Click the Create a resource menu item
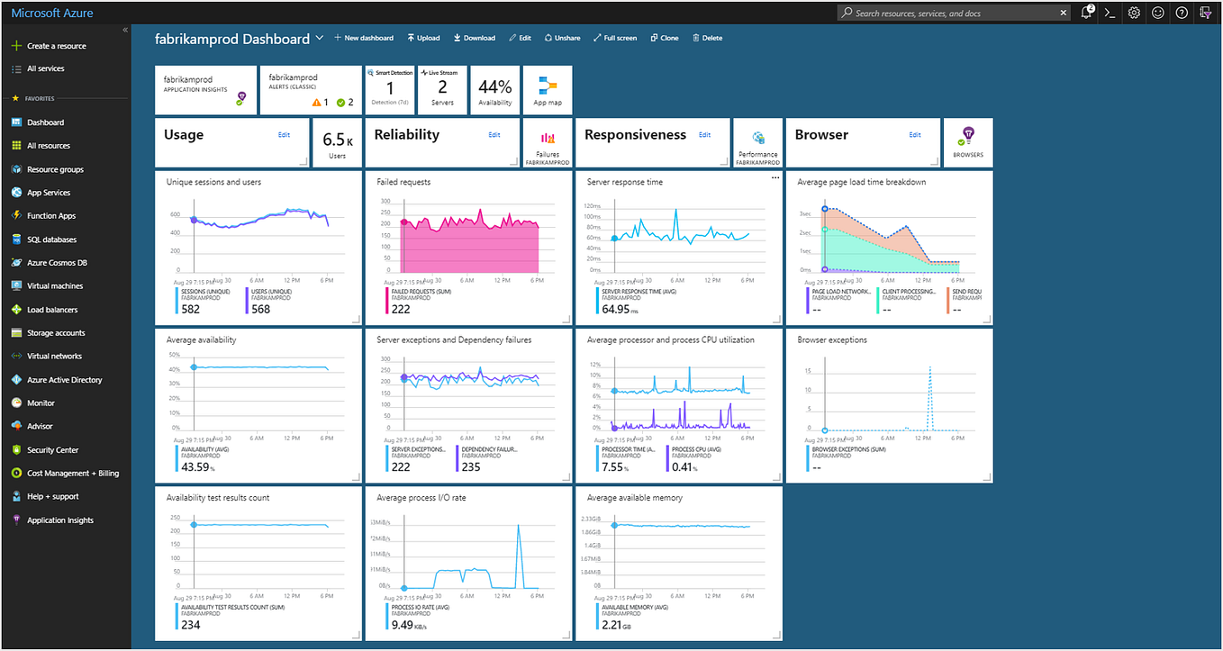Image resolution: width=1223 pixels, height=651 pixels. [x=56, y=46]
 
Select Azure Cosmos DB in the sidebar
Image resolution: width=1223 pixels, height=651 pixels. [x=56, y=263]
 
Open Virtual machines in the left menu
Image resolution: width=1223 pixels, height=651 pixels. [x=54, y=286]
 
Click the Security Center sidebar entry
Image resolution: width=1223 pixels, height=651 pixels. [x=52, y=450]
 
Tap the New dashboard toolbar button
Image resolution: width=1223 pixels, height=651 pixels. [x=364, y=38]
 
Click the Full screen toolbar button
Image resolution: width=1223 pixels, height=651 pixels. [x=615, y=38]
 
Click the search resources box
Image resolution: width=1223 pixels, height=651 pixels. [x=954, y=14]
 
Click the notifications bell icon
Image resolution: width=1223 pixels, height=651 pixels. [x=1087, y=14]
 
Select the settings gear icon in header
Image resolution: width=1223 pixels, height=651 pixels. [x=1134, y=14]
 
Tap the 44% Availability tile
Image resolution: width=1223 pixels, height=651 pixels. [x=494, y=90]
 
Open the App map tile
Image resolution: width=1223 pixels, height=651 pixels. [x=547, y=90]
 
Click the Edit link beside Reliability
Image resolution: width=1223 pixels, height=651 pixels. [x=494, y=135]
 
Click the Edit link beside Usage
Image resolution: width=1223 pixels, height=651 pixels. [x=284, y=135]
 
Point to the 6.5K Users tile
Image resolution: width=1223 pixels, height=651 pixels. [x=337, y=142]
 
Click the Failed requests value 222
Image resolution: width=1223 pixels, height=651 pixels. [x=400, y=308]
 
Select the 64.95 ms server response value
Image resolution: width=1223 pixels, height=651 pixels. [x=616, y=309]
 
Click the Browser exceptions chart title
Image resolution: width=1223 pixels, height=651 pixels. [x=832, y=340]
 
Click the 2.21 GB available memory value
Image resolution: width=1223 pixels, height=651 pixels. [x=612, y=624]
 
